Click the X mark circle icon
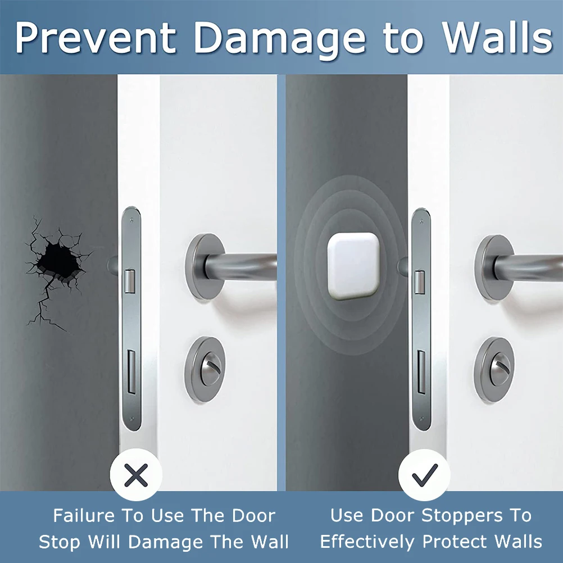(136, 477)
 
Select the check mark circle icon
(425, 477)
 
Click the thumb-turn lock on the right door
(494, 366)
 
